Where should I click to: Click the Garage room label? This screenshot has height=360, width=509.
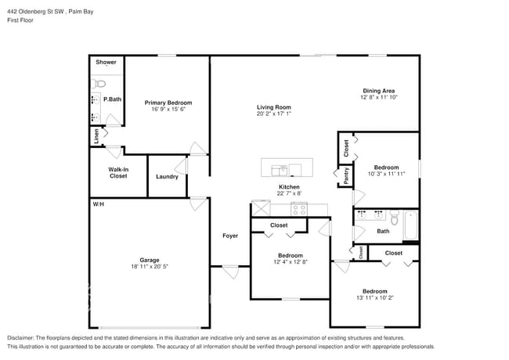coord(150,260)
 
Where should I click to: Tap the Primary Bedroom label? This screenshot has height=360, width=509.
coord(168,103)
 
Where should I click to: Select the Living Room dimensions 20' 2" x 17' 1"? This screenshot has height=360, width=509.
coord(274,113)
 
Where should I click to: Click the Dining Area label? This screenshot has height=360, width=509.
coord(378,91)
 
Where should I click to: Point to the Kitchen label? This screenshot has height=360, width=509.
coord(289,187)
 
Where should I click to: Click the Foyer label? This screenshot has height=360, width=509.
coord(230,236)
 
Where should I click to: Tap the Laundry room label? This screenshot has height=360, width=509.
coord(167,176)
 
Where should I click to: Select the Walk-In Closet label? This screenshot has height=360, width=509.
coord(118,173)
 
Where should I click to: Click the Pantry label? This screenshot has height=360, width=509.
coord(345,176)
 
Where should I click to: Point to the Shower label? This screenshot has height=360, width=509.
coord(106,62)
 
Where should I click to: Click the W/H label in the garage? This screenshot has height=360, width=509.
coord(98,204)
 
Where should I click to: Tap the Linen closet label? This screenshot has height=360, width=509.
coord(97,135)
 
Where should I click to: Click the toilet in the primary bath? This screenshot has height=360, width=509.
coord(99,83)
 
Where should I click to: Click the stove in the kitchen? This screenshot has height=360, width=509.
coord(299,209)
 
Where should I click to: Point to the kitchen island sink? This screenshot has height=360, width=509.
coord(279,168)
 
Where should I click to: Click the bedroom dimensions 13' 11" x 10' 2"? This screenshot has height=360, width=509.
coord(374,297)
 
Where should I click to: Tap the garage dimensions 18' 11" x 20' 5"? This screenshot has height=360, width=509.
coord(150,267)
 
